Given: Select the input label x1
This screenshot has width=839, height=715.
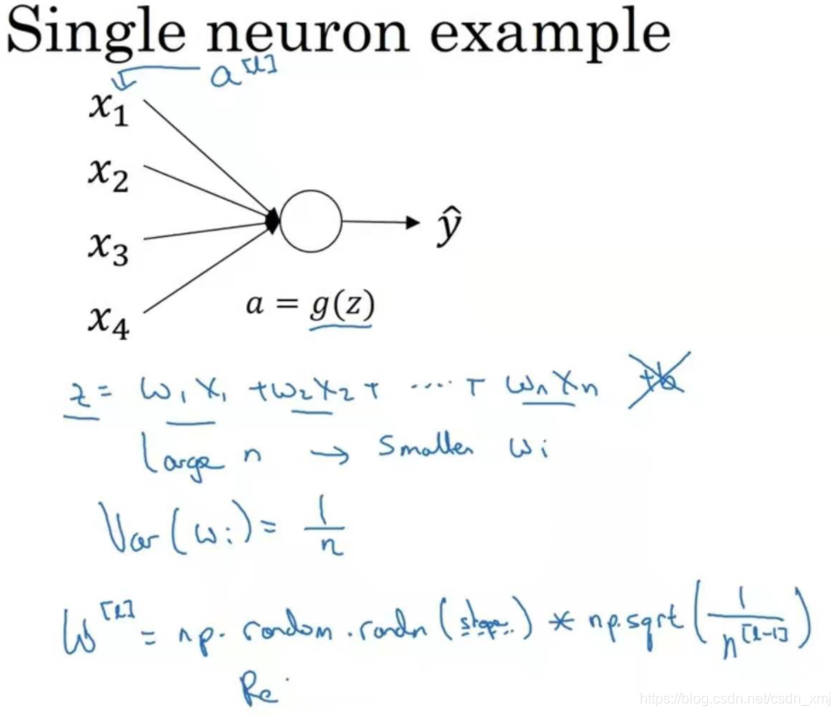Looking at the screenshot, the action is [x=109, y=108].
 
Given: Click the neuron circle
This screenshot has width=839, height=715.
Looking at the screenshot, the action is [x=310, y=222].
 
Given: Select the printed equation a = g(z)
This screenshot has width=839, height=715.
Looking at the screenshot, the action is [x=309, y=306].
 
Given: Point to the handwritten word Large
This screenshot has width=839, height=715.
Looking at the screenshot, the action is [x=180, y=457].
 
